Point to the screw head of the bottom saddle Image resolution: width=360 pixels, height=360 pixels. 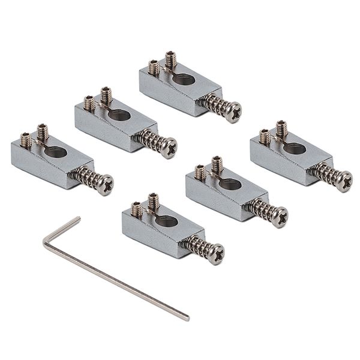coord(216,253)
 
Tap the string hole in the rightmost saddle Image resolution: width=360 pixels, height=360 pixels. coord(293,148)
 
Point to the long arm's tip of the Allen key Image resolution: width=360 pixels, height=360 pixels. coord(187,317)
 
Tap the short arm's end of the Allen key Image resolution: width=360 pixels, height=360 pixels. coord(78,218)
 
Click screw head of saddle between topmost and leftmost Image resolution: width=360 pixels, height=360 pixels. coord(170,146)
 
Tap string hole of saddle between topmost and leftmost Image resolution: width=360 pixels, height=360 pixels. coord(118,114)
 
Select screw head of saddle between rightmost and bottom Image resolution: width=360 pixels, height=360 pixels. coord(280,217)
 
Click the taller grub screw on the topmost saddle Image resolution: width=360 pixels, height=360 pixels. coord(170,59)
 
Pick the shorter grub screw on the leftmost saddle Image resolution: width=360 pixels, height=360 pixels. coord(25,140)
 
